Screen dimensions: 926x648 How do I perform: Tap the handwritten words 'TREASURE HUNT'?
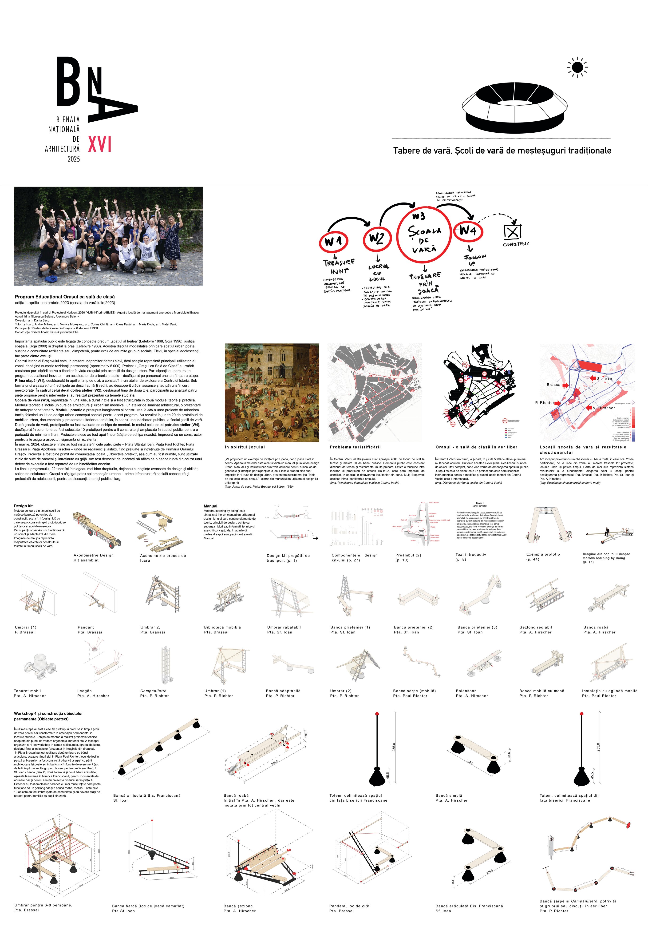click(339, 266)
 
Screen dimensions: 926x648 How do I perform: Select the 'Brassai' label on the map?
click(554, 385)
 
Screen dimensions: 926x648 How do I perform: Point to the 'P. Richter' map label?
click(544, 402)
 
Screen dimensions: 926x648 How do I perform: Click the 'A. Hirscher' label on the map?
click(604, 408)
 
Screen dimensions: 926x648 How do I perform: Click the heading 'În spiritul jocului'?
click(245, 447)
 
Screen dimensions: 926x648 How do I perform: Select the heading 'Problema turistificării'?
click(355, 447)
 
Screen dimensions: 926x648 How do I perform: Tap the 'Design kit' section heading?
click(23, 506)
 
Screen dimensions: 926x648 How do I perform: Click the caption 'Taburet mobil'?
click(28, 691)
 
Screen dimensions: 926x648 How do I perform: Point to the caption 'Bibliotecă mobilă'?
click(222, 627)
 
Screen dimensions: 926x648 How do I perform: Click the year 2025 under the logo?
click(74, 159)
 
